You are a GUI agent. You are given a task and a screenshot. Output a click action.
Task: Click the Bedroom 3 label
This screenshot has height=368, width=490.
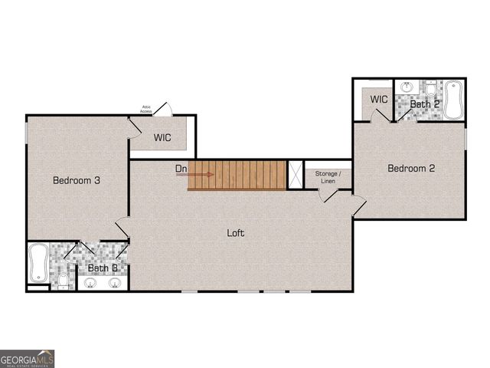77,181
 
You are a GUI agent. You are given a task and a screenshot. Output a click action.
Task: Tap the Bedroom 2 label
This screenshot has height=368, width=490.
411,168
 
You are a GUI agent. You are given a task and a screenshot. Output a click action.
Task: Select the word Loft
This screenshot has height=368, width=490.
236,232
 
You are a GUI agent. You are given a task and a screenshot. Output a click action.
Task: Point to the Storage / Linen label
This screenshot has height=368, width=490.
328,177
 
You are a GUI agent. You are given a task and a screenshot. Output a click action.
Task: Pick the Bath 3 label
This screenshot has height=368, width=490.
102,268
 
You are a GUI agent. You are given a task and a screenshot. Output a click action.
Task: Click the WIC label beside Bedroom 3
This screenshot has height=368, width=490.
162,138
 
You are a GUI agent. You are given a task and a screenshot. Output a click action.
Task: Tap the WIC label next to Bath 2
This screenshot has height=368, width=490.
378,99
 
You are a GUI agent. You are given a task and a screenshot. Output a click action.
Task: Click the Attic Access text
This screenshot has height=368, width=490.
146,110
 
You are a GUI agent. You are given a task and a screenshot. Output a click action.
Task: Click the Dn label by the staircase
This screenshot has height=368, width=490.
181,168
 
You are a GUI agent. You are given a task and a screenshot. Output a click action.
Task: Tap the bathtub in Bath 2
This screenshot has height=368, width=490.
454,100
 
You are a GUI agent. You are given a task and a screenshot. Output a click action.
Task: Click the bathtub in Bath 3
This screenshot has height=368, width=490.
38,262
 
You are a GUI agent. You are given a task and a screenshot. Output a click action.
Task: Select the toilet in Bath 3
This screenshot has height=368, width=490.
63,281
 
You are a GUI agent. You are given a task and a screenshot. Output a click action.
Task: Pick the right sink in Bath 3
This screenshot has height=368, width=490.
115,283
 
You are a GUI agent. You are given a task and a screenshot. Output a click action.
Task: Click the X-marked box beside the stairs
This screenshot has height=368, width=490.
295,174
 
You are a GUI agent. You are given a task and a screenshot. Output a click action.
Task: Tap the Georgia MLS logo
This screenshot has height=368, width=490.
27,359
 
